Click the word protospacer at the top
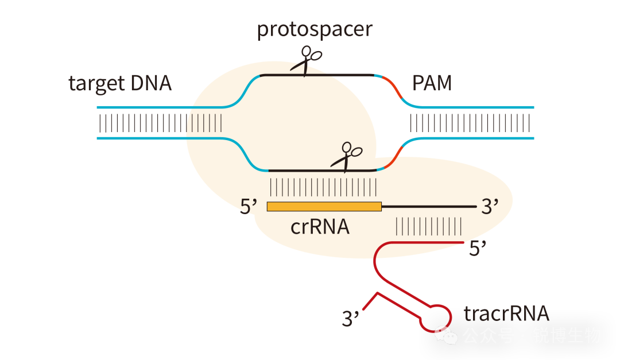click(x=315, y=29)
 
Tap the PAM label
click(x=432, y=84)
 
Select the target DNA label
click(x=120, y=84)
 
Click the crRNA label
click(x=320, y=227)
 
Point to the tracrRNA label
click(x=506, y=314)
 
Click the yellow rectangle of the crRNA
click(x=324, y=206)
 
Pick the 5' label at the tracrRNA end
click(x=478, y=249)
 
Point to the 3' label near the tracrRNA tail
click(x=350, y=318)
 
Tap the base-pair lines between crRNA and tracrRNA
click(x=429, y=226)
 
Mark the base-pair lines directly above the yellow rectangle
click(x=323, y=187)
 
